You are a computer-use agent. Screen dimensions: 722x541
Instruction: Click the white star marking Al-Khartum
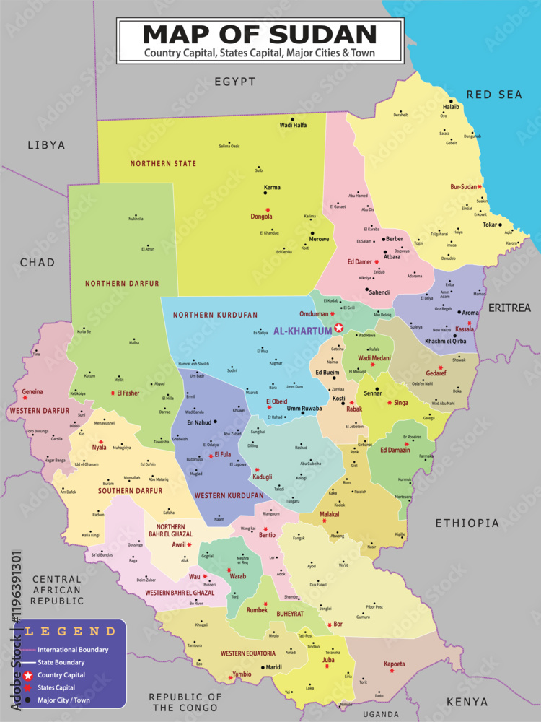click(339, 328)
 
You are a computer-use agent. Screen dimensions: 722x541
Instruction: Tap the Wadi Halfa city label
click(293, 125)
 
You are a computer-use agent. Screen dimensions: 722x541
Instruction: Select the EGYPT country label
click(234, 82)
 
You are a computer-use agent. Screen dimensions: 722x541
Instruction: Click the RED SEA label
click(493, 95)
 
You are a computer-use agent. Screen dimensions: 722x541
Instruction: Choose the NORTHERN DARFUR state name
click(121, 284)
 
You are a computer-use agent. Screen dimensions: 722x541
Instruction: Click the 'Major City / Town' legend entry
click(66, 700)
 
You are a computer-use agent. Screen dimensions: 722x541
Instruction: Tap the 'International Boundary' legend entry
click(73, 649)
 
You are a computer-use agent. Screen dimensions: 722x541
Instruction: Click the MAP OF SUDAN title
click(260, 34)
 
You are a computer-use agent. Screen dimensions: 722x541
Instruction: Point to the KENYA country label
click(467, 701)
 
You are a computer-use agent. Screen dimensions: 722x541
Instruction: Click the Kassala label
click(465, 330)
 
